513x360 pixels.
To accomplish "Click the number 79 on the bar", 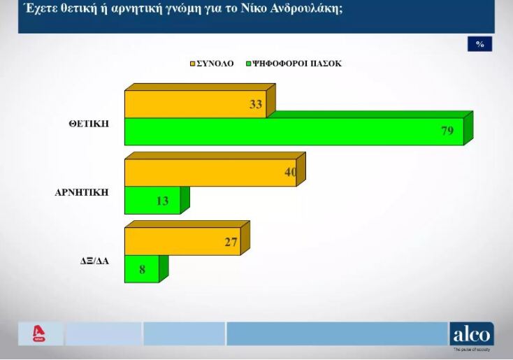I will click(448, 131).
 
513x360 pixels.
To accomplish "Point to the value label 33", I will click(256, 105).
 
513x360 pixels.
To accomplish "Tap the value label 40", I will click(291, 172).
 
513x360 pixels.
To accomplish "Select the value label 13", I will click(162, 201).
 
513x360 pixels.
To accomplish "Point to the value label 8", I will click(143, 269).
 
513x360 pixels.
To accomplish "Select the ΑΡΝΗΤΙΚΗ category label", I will click(82, 192).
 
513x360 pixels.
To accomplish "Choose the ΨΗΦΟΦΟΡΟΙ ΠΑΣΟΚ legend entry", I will click(296, 64).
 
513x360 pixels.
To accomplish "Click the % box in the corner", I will click(479, 44).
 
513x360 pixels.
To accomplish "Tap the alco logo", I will click(472, 334).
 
